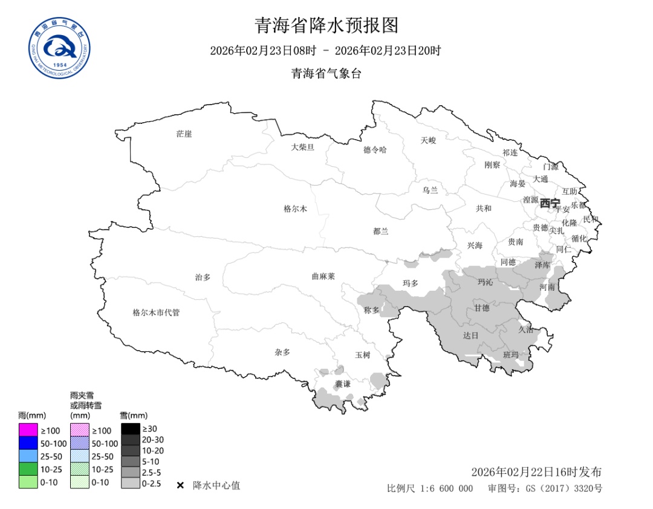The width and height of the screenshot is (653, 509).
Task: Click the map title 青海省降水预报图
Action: (x=326, y=25)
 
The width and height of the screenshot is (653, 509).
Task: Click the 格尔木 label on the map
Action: (x=296, y=209)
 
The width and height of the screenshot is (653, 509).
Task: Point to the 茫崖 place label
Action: (x=184, y=134)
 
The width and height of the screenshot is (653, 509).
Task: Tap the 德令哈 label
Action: (x=375, y=150)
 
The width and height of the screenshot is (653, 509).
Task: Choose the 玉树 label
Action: (x=362, y=355)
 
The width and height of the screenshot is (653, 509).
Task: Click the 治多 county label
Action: (x=203, y=277)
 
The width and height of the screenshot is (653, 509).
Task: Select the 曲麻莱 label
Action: (x=323, y=276)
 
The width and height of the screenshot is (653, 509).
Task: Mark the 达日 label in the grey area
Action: (x=470, y=335)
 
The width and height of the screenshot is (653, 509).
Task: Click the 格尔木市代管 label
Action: (x=156, y=313)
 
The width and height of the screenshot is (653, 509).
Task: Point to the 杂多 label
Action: (x=282, y=352)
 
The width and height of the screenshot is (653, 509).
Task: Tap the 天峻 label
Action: (x=428, y=140)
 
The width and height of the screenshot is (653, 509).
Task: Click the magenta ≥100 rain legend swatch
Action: (x=28, y=430)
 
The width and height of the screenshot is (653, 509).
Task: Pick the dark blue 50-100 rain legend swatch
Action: (x=28, y=443)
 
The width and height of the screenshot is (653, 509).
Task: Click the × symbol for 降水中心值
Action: (x=180, y=485)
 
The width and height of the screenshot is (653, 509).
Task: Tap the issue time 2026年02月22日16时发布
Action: (x=536, y=472)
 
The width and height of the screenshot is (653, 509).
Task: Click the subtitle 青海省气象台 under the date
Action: (x=326, y=74)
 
